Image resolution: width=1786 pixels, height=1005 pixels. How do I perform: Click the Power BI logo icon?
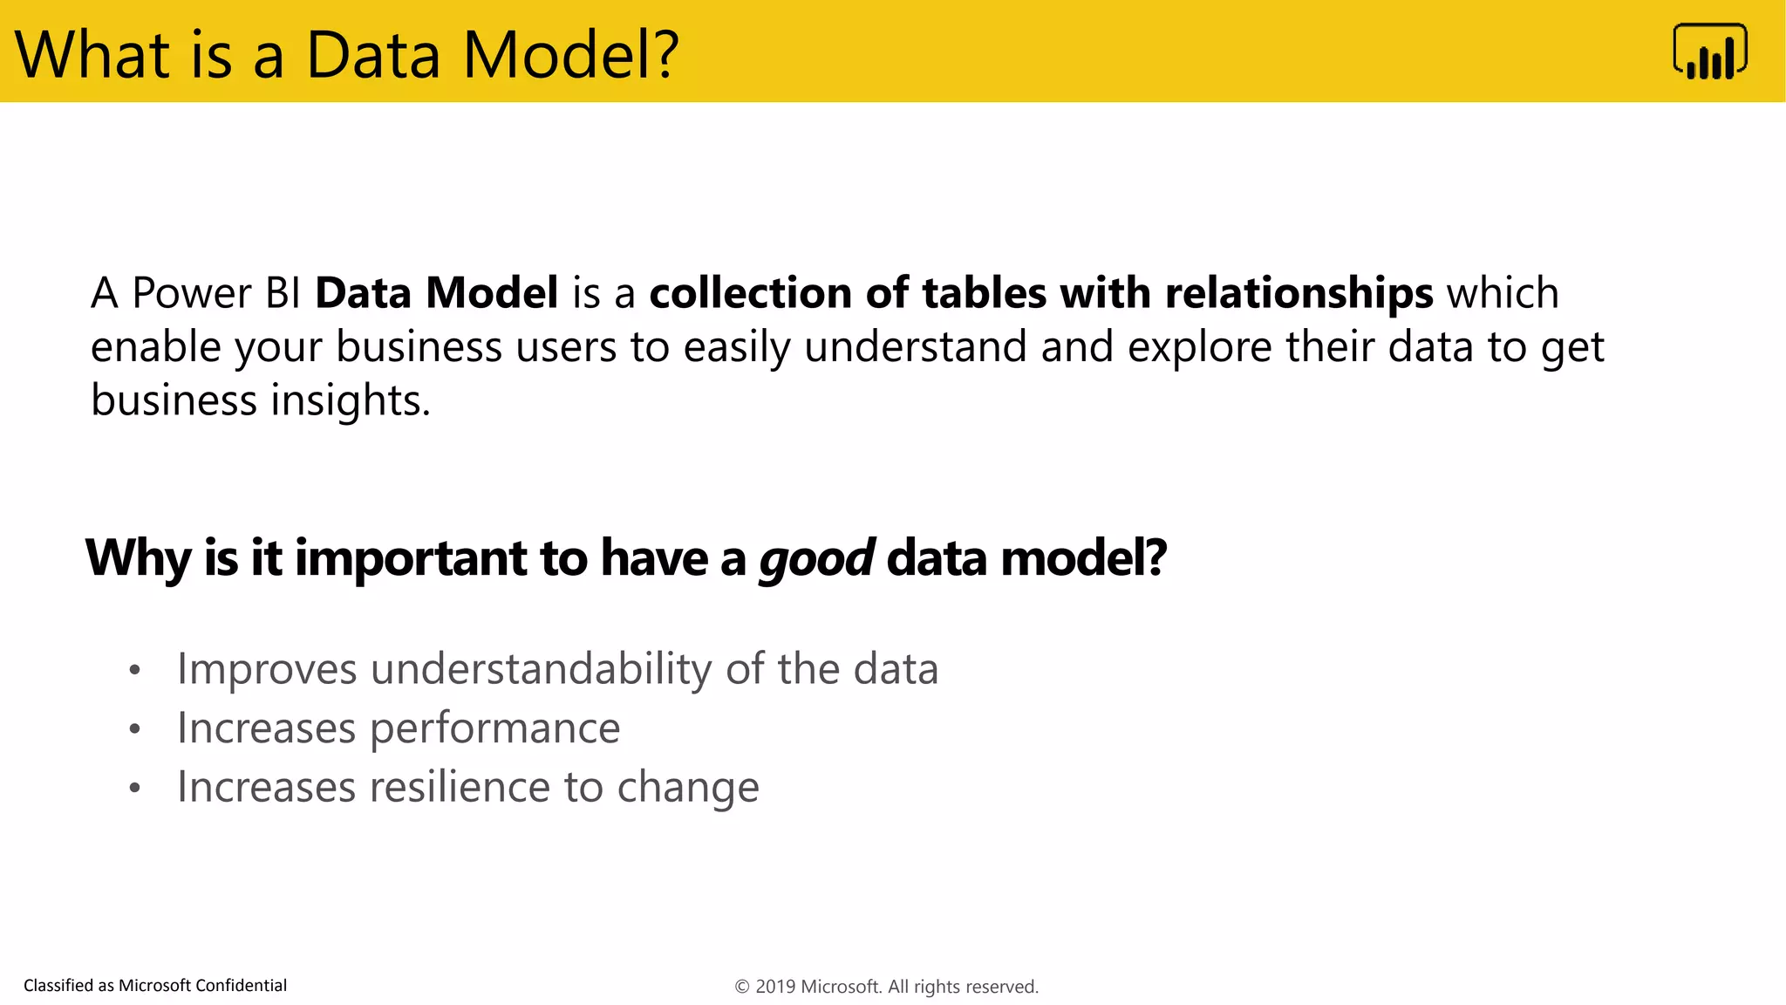(1709, 51)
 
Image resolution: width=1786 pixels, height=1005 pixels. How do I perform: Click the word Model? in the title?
(570, 55)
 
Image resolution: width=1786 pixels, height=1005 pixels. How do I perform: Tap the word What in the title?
(92, 55)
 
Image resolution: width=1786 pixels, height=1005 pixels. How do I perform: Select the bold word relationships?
(1299, 293)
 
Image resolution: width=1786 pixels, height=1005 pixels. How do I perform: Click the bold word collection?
(750, 293)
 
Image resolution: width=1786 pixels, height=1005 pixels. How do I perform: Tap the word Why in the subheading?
(138, 558)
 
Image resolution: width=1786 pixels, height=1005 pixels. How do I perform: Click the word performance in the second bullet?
(494, 729)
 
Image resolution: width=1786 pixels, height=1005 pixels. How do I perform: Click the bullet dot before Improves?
(134, 671)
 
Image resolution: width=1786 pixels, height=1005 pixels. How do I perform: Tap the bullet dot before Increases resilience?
(134, 789)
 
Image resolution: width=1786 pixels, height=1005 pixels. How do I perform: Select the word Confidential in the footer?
(241, 986)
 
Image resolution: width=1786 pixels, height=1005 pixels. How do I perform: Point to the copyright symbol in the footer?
(742, 987)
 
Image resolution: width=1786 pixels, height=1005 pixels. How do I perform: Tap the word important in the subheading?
(411, 558)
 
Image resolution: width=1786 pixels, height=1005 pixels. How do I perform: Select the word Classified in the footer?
(58, 986)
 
